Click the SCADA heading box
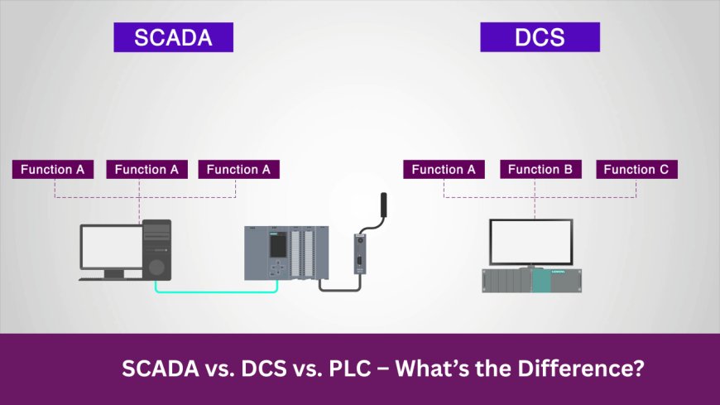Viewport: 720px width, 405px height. [x=173, y=37]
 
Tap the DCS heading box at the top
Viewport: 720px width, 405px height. [x=540, y=37]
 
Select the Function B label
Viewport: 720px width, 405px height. [x=540, y=170]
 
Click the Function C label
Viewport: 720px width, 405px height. [x=636, y=170]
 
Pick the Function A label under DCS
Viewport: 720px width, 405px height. [x=444, y=170]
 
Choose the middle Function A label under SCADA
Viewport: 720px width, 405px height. [x=146, y=170]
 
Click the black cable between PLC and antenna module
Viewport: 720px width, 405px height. [x=339, y=287]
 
